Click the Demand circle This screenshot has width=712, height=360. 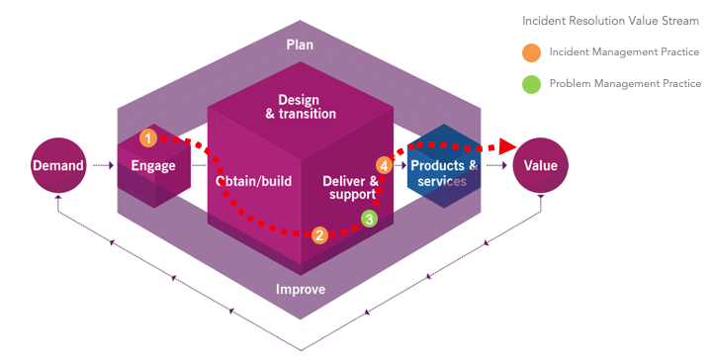58,165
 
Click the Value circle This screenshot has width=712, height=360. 540,165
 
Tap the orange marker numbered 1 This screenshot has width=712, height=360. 148,138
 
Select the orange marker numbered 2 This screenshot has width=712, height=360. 319,235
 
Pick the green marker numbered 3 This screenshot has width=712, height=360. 370,219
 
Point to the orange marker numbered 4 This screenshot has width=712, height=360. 384,166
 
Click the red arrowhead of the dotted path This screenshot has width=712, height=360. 507,146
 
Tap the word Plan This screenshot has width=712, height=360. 300,45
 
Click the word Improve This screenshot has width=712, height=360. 301,289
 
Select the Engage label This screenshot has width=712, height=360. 153,166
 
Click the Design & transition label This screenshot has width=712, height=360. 301,107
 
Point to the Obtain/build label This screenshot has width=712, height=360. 253,181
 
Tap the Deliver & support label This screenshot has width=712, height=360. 350,188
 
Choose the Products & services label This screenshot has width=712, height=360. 444,173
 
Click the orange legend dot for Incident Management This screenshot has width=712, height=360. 531,52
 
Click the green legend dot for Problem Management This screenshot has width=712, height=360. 531,84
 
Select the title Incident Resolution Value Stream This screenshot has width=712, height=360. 610,21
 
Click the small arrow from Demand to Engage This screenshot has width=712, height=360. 103,166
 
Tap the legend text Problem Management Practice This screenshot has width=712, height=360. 625,84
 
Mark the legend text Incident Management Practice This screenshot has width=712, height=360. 624,52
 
